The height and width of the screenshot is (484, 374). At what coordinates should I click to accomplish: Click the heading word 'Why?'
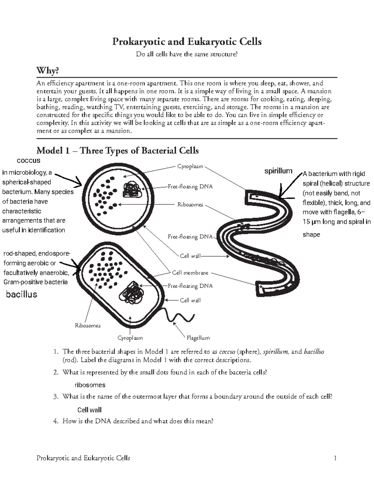pos(48,71)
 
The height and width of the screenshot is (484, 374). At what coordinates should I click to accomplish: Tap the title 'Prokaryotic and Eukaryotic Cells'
pos(187,41)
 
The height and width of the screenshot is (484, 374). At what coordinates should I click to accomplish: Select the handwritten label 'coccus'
pos(28,161)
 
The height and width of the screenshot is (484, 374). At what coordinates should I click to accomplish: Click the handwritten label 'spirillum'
pos(278,171)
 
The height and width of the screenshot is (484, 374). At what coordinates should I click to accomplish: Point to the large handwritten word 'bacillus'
pos(22,294)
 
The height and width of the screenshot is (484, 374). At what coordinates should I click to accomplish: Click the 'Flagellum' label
pos(198,338)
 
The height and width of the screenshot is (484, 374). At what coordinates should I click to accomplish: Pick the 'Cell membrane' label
pos(190,273)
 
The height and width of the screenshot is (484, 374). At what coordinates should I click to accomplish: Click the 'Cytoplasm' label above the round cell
pos(190,166)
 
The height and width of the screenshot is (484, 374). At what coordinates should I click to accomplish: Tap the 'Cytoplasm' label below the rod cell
pos(130,338)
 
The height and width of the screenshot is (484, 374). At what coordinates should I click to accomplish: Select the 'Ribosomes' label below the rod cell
pos(88,325)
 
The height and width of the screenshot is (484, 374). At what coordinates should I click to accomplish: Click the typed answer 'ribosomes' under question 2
pos(90,385)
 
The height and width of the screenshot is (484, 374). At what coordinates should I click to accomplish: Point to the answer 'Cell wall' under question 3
pos(89,410)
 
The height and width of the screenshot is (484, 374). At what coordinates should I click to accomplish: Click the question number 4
pos(55,421)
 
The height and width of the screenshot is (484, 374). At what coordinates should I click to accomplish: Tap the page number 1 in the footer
pos(335,458)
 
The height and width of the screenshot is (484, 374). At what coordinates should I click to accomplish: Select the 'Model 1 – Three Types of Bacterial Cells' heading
pos(117,151)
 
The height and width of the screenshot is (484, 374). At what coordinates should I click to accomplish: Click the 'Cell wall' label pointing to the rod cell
pos(190,300)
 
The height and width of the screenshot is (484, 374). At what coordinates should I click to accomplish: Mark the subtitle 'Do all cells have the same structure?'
pos(187,54)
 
